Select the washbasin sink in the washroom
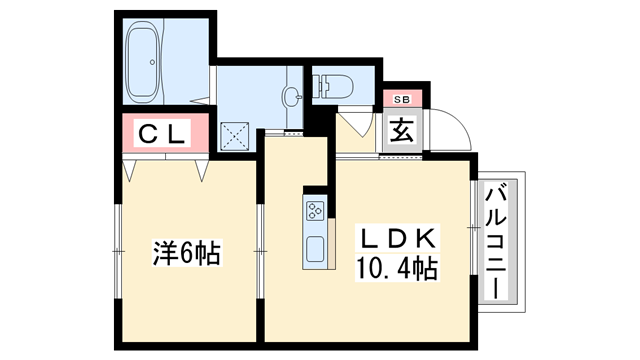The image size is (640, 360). [291, 96]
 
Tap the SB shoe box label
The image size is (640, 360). [401, 99]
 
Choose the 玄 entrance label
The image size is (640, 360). [402, 131]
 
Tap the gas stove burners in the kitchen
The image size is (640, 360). [315, 210]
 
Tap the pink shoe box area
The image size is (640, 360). [401, 99]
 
